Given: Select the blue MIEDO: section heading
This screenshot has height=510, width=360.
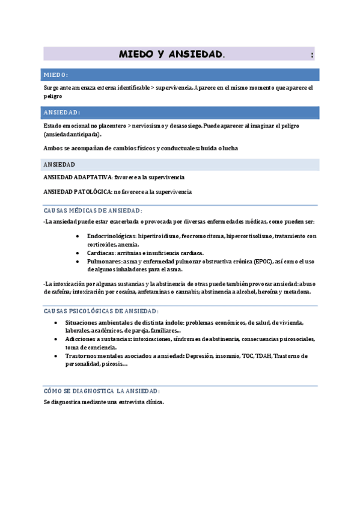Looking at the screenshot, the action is pos(56,75).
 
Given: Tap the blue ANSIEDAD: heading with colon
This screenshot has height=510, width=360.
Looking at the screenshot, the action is pos(62,112).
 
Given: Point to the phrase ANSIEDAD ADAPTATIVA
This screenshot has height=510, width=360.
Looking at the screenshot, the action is pos(78,177).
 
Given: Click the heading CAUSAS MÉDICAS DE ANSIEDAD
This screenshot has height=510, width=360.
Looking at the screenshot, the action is pos(93,210).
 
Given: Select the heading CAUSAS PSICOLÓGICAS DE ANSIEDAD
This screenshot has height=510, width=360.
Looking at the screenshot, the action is pos(101,311).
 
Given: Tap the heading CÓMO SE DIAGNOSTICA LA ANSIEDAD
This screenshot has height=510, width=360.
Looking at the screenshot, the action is pos(102,390).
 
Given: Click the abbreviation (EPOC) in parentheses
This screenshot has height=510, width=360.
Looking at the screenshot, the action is pos(263,262).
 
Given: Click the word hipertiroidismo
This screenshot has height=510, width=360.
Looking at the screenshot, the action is pos(161,236).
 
